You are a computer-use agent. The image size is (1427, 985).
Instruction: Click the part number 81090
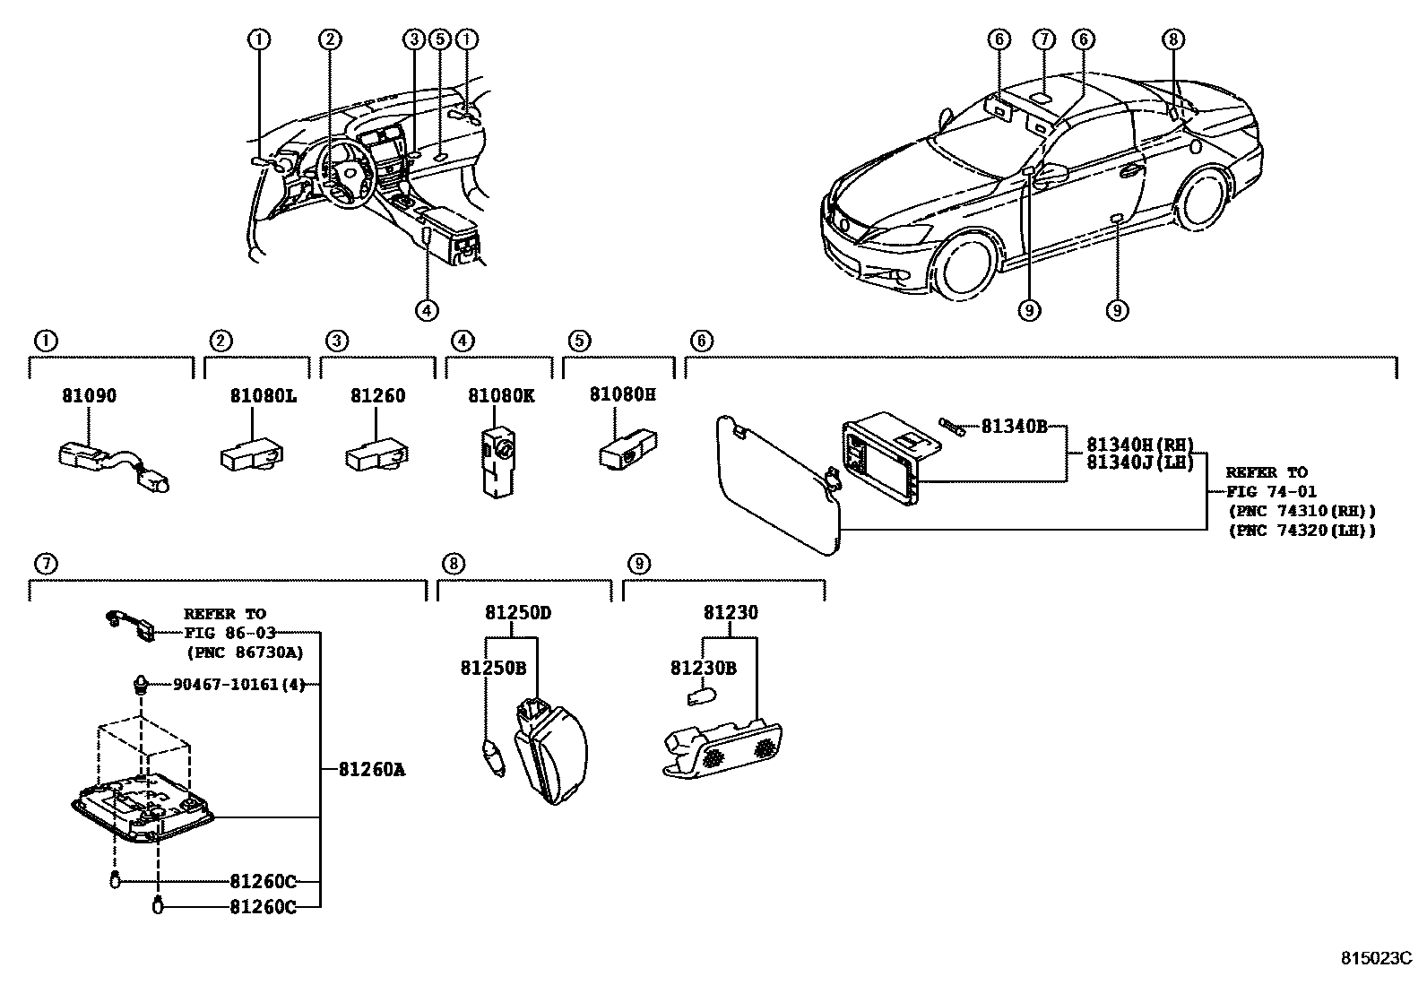point(89,395)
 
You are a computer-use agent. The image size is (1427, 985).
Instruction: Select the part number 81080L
point(262,395)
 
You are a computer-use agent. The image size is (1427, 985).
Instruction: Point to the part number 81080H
point(622,393)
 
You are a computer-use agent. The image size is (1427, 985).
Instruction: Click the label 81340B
point(1014,426)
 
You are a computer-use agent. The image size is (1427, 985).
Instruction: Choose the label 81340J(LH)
point(1140,462)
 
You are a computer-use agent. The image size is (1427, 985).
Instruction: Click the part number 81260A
point(372,768)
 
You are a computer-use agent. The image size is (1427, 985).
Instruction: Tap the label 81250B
point(493,669)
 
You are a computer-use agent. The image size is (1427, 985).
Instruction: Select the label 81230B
point(704,669)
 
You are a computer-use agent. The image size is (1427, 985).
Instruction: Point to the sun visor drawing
point(778,484)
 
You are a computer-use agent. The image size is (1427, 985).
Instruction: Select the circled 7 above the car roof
point(1042,39)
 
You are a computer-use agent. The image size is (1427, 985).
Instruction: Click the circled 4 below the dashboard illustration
point(427,310)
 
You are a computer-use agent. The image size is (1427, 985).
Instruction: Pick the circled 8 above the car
point(1174,39)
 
